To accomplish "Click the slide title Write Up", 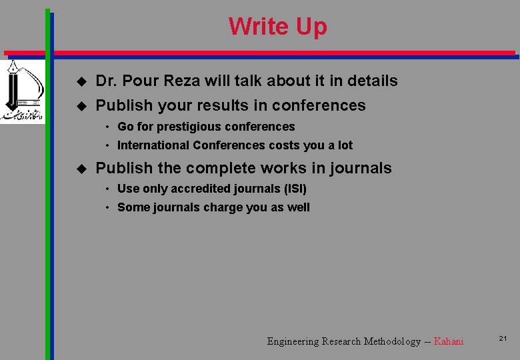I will click(x=277, y=27).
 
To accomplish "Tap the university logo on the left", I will click(x=21, y=91).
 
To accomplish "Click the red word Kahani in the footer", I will click(x=448, y=341).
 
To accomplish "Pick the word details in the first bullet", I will click(x=371, y=81).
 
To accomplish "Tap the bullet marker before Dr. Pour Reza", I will click(x=81, y=81).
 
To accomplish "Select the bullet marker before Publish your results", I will click(x=81, y=105).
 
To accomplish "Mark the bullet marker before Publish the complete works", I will click(x=81, y=169).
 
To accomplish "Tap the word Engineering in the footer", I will click(x=293, y=341).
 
